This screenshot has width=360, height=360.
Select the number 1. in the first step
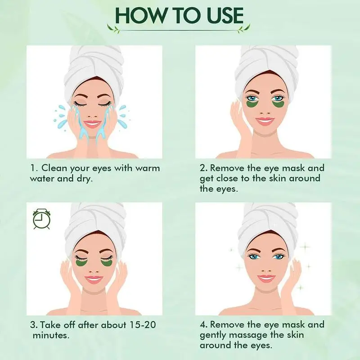(34, 168)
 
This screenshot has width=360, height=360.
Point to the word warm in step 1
(147, 168)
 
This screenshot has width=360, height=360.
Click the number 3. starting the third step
(34, 325)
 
